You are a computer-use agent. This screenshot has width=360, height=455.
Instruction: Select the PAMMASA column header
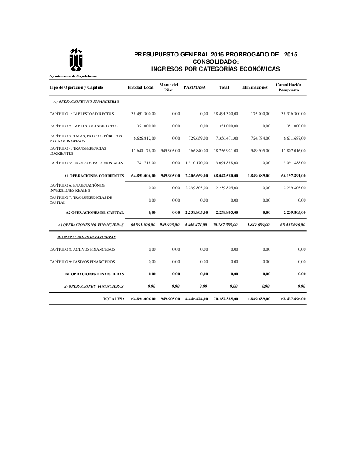[195, 87]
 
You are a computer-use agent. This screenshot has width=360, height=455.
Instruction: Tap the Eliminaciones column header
[255, 87]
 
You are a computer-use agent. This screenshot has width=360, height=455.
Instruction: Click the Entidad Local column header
[140, 87]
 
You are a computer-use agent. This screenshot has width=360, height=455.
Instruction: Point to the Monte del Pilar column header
[169, 87]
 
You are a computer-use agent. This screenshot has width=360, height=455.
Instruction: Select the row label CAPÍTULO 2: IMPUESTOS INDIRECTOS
[83, 126]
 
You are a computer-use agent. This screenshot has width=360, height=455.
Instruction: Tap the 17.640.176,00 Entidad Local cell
[143, 150]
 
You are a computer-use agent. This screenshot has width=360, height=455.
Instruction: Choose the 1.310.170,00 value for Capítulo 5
[197, 162]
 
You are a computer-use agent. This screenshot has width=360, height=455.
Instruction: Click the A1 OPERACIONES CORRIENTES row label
[94, 175]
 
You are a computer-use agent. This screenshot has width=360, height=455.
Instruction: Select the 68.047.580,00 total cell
[225, 175]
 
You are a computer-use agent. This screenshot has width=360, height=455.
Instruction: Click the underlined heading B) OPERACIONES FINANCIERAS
[86, 237]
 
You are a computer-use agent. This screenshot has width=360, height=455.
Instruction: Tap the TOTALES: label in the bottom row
[113, 299]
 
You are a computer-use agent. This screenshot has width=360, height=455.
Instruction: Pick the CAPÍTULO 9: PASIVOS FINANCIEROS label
[82, 262]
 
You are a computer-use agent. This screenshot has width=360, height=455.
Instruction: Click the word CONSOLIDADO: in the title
[215, 61]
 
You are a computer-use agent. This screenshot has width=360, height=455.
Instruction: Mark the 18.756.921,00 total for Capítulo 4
[225, 150]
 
